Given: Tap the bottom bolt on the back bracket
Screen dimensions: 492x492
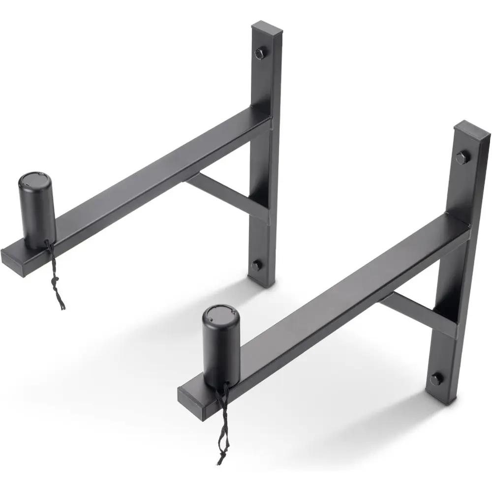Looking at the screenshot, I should point(256,265).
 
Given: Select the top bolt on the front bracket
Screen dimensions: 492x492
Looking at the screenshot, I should point(461,158).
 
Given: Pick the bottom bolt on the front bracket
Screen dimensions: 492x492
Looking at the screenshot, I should point(435,379).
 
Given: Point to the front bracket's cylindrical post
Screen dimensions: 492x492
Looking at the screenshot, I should point(222,349).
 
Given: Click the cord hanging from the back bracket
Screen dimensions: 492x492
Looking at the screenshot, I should point(55,276).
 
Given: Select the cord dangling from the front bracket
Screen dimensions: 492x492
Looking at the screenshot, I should point(221,423).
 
